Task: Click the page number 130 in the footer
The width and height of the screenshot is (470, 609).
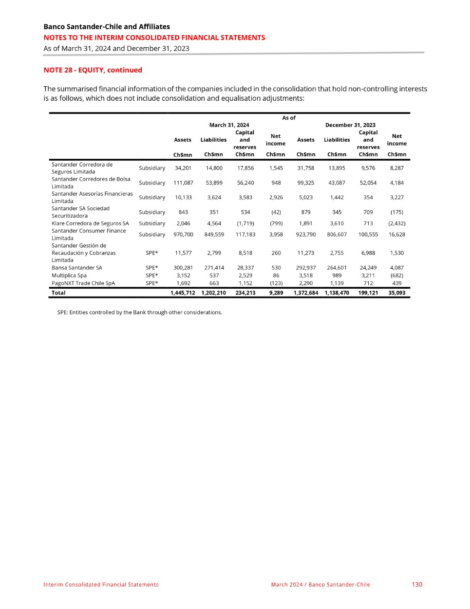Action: pos(416,584)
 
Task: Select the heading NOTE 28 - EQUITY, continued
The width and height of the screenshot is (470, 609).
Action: pos(93,70)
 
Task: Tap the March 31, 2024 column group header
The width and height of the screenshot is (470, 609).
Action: pos(229,125)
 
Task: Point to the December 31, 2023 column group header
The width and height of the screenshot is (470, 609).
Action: pos(350,125)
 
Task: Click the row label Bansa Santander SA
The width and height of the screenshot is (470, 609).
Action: pos(77,268)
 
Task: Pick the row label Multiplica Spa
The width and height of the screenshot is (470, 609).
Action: pos(69,276)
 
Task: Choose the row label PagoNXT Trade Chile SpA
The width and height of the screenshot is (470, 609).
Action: pos(83,283)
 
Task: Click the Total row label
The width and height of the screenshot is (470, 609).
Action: pos(58,293)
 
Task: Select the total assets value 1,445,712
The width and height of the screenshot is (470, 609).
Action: pos(183,293)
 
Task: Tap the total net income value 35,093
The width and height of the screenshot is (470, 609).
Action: pos(396,293)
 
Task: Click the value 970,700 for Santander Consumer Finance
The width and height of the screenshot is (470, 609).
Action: pos(183,235)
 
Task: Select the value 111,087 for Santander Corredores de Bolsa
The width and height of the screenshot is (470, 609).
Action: pos(183,183)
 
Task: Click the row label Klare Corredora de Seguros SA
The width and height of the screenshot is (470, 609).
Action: pos(90,223)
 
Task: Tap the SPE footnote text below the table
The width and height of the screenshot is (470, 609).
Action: pos(139,313)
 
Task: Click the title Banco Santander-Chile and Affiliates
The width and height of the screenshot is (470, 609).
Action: pos(107,26)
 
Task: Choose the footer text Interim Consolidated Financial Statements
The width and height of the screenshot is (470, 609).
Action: pos(101,585)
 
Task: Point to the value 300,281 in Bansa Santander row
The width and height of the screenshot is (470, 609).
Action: pos(183,268)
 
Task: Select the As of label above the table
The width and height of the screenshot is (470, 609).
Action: pos(289,118)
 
